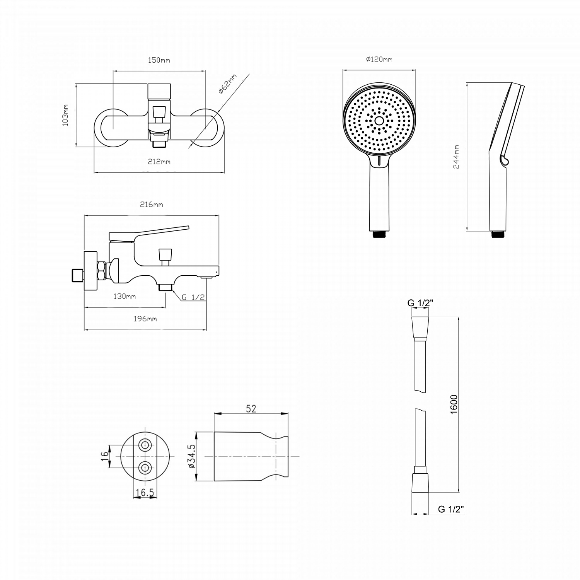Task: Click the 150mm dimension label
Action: click(159, 60)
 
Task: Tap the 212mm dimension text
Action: click(159, 162)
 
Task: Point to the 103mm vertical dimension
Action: click(65, 115)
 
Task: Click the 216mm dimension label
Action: click(151, 205)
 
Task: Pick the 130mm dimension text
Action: click(125, 297)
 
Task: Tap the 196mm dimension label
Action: click(145, 319)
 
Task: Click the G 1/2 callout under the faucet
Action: click(193, 297)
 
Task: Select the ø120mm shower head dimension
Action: click(379, 60)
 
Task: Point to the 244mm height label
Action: click(456, 157)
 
